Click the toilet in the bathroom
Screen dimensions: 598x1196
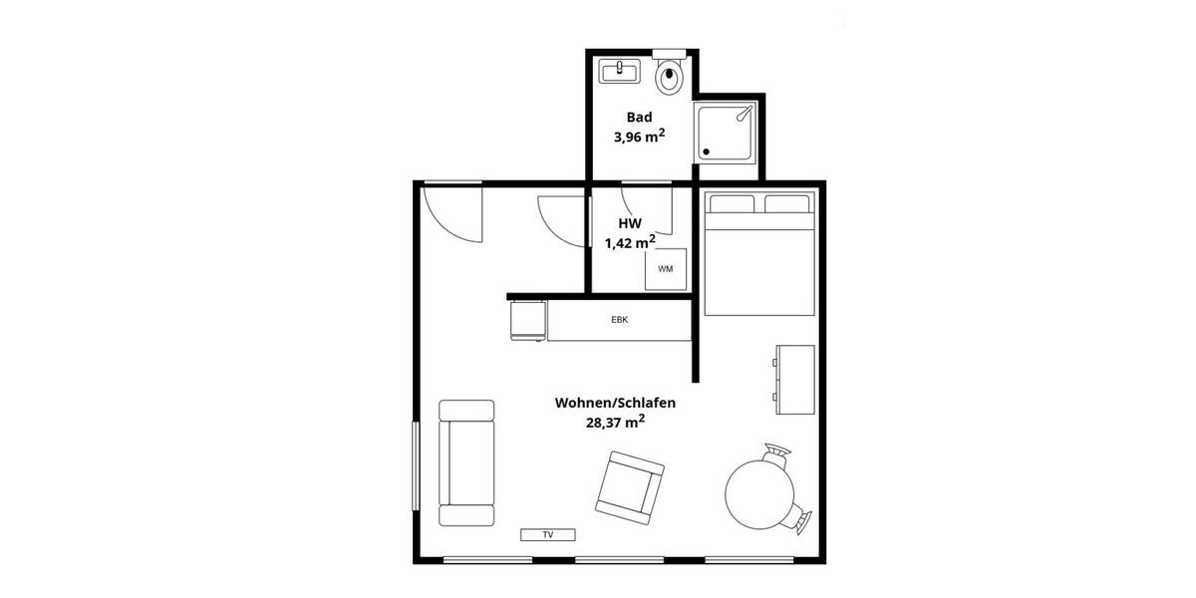pos(669,76)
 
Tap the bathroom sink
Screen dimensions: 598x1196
pos(620,71)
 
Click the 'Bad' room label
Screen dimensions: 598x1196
pos(639,117)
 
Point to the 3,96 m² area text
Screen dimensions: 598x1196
pos(639,137)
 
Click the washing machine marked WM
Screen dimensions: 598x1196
pos(665,269)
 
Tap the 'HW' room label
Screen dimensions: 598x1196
pos(629,223)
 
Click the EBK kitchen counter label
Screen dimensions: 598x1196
pos(619,320)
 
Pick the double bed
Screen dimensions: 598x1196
pos(759,254)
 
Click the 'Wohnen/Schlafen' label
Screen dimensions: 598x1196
pos(616,403)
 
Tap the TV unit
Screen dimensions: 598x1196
pos(548,535)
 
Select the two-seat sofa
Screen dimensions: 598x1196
pos(466,462)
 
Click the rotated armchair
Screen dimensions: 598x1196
pos(630,487)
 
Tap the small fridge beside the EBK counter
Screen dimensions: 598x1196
pos(528,321)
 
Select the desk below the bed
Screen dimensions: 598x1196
pos(794,379)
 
